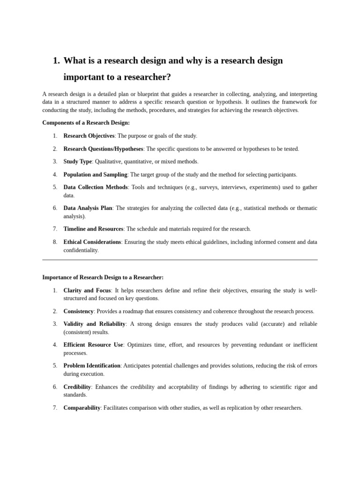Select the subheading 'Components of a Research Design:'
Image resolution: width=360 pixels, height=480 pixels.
86,123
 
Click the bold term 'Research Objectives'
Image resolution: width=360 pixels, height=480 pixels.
89,136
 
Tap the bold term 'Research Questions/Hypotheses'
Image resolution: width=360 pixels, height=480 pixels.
103,149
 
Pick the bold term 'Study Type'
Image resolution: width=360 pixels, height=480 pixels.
77,162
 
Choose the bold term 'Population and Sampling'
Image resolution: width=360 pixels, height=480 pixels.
95,175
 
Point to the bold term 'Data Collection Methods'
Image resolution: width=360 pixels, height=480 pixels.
96,187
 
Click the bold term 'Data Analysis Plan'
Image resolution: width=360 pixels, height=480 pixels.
88,208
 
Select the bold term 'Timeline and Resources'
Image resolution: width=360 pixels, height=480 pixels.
93,229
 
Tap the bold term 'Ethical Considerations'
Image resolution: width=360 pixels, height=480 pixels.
92,242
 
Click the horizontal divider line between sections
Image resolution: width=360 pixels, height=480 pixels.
180,260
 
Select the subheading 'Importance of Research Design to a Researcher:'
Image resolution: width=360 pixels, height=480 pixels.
103,277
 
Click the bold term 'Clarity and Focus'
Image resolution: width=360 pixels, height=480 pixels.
87,291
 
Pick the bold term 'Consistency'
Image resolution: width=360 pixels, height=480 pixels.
78,311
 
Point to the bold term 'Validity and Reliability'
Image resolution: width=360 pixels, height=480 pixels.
94,324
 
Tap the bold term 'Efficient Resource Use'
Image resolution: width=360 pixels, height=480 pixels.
93,345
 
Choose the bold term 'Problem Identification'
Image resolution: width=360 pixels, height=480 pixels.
92,366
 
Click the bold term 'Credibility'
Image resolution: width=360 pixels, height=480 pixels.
77,387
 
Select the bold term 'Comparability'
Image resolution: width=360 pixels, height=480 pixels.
82,408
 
